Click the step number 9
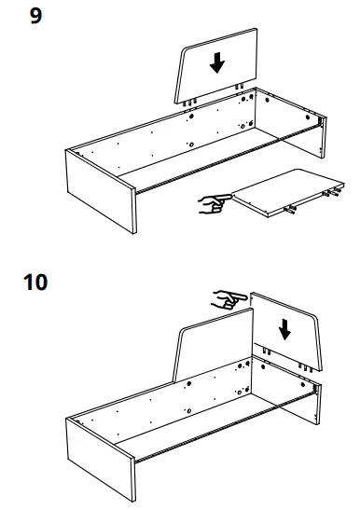[35, 17]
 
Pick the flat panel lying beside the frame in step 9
[280, 194]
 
